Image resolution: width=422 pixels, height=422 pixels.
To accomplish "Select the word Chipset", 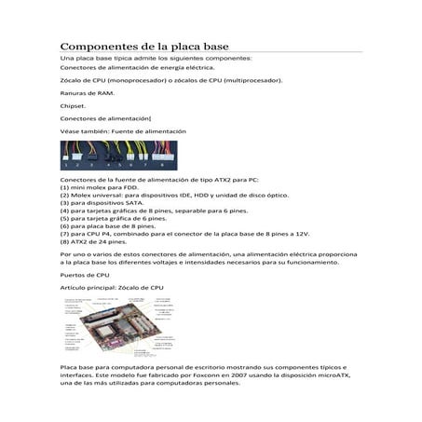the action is [73, 106].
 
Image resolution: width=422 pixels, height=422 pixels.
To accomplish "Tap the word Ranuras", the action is [74, 93].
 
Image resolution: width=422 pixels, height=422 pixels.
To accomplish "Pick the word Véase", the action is [72, 131].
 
